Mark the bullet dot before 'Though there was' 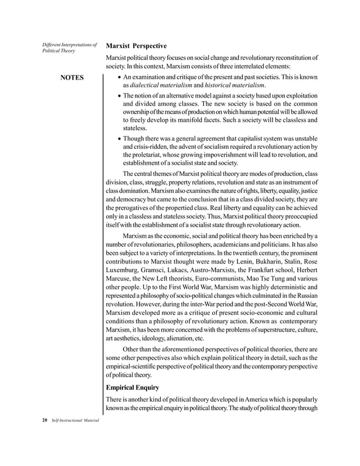(x=117, y=138)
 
